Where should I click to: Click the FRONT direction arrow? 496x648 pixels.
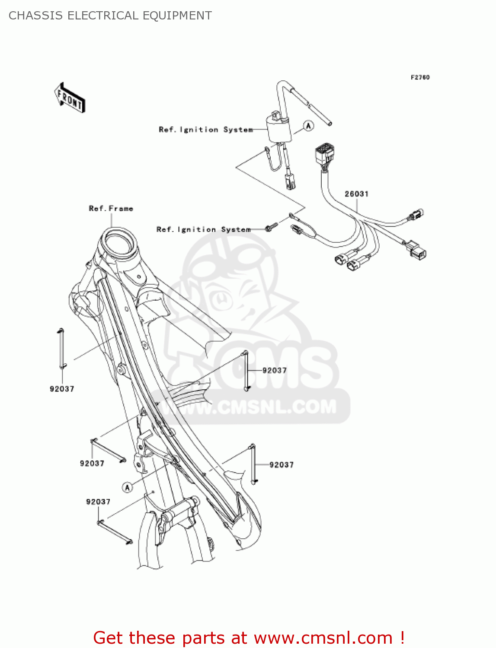click(x=70, y=98)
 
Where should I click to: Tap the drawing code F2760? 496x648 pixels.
click(x=420, y=77)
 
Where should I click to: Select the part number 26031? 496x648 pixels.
click(x=356, y=194)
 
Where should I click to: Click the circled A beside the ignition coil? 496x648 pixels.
click(x=308, y=126)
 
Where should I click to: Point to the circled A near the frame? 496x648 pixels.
click(x=127, y=487)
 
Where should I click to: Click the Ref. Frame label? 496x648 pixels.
click(x=111, y=209)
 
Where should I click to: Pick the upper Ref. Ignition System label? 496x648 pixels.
click(x=205, y=130)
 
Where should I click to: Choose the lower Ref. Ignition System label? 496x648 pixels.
click(x=203, y=229)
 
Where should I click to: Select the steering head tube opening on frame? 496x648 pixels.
click(x=118, y=240)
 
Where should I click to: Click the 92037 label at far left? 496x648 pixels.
click(x=62, y=389)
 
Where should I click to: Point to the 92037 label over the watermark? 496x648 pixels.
click(x=274, y=370)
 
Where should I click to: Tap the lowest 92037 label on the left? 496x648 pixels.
click(x=98, y=502)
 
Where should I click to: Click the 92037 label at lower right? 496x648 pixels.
click(x=281, y=465)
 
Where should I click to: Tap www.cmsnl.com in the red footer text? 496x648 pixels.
click(x=323, y=638)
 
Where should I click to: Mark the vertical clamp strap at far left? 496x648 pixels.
click(x=61, y=349)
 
